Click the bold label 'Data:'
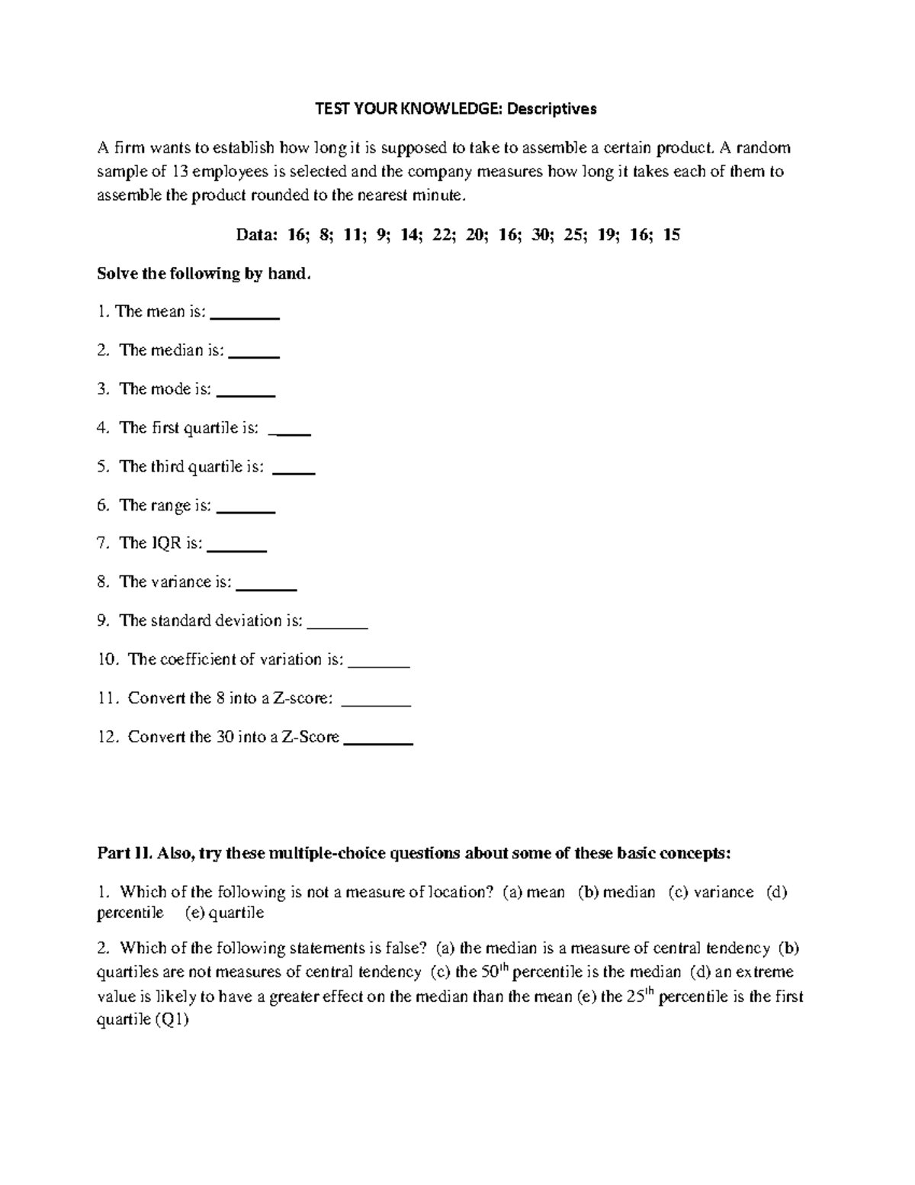click(257, 235)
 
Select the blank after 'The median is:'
click(254, 353)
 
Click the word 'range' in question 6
click(169, 505)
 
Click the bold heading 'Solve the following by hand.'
click(204, 274)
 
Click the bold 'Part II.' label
click(125, 854)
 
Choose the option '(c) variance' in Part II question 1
click(711, 893)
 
